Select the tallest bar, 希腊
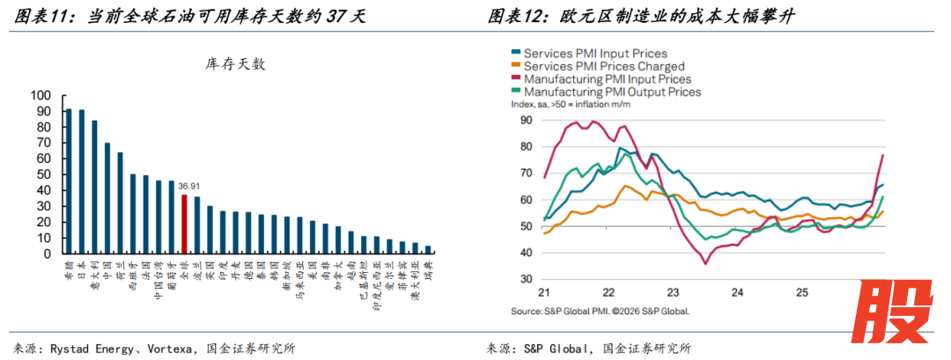tap(69, 181)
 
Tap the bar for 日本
tap(82, 181)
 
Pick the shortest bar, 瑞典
tap(428, 250)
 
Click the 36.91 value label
tap(188, 187)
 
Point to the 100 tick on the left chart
tap(41, 95)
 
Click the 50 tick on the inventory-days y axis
tap(44, 174)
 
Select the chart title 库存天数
tap(234, 64)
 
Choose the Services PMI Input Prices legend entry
tap(595, 54)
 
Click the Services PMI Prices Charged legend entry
tap(604, 66)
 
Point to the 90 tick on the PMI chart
tap(527, 120)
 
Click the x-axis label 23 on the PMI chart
tap(672, 292)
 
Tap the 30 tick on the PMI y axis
tap(527, 279)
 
